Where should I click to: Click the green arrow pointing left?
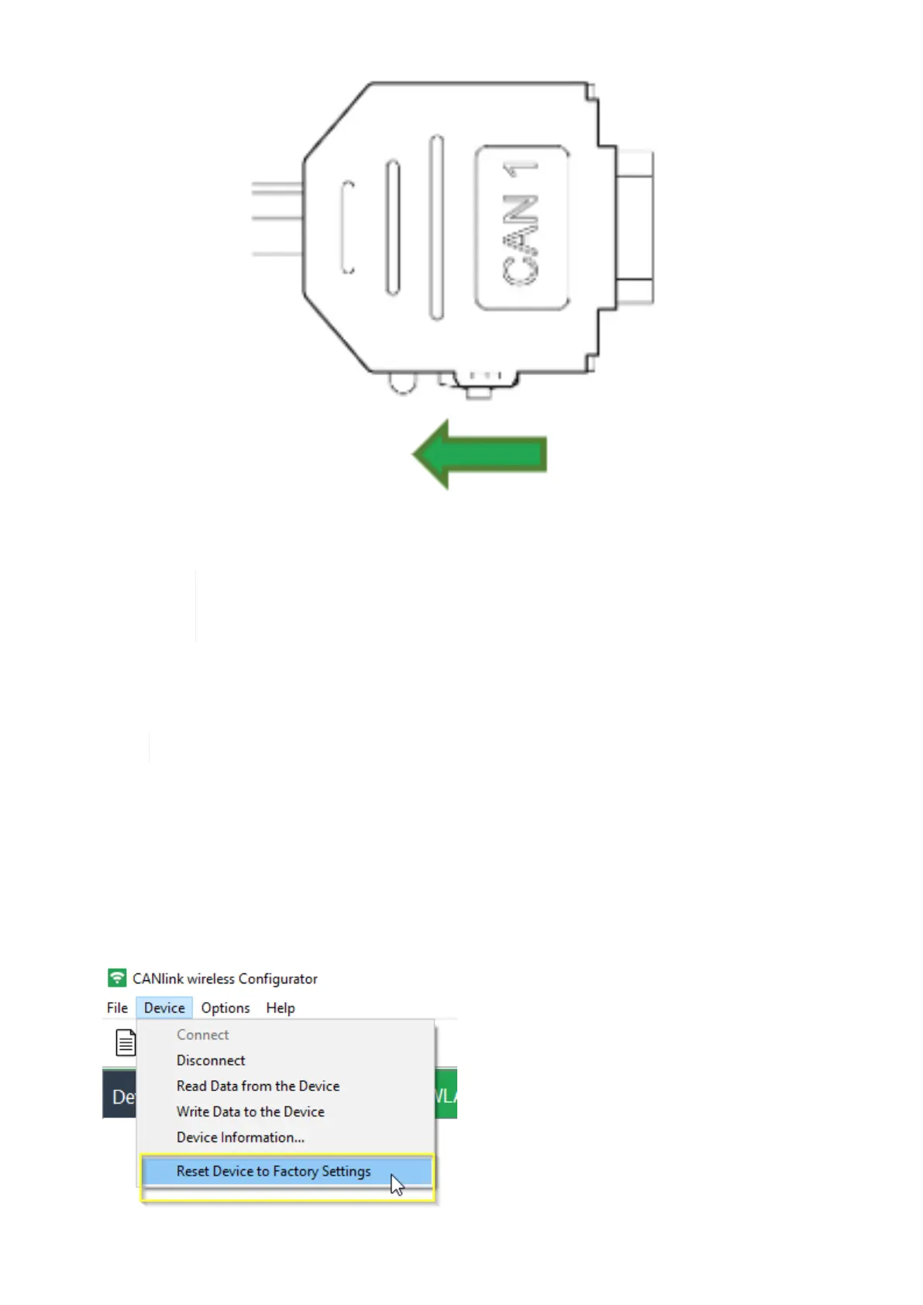pos(480,454)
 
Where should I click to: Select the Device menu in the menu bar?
pos(164,1007)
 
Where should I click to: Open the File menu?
pos(117,1007)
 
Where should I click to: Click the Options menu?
pos(226,1007)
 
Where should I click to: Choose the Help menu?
pos(281,1007)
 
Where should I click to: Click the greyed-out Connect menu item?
pos(202,1035)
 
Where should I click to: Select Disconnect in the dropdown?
pos(211,1060)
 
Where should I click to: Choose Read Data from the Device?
pos(258,1086)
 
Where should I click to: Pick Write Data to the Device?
pos(250,1111)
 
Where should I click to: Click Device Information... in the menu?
pos(240,1137)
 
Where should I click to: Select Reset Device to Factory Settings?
pos(274,1171)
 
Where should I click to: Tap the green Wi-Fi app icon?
pos(117,978)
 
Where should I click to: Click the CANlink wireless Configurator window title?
pos(225,979)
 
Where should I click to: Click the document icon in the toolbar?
pos(126,1042)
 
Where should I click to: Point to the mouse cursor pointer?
pos(397,1185)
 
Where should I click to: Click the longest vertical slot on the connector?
pos(436,227)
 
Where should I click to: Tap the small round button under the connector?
pos(402,382)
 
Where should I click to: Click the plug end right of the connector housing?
pos(634,227)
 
